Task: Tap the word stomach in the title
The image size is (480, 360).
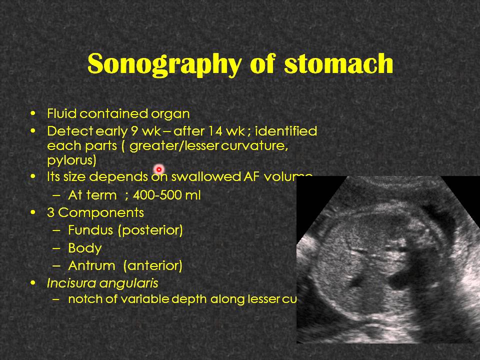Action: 338,64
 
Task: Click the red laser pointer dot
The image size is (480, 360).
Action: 159,170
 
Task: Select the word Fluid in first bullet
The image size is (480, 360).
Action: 62,114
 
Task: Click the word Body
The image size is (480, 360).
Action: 84,248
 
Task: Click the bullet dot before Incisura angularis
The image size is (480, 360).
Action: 33,283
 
